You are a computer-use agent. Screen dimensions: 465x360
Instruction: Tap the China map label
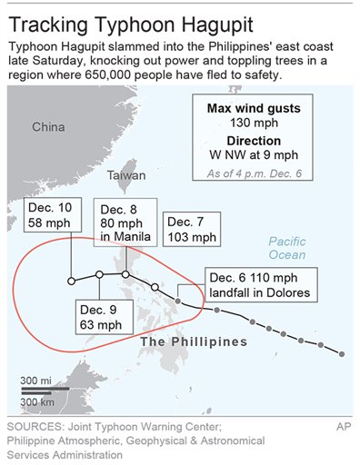tap(48, 127)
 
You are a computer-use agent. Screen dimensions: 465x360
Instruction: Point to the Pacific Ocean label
tap(287, 247)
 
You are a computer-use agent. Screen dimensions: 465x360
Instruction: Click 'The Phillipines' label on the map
tap(194, 341)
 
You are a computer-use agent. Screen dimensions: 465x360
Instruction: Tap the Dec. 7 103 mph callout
tap(191, 230)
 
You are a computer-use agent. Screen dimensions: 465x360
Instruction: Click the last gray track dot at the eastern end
tap(342, 353)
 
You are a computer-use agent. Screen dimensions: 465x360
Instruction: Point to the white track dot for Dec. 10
tap(72, 281)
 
